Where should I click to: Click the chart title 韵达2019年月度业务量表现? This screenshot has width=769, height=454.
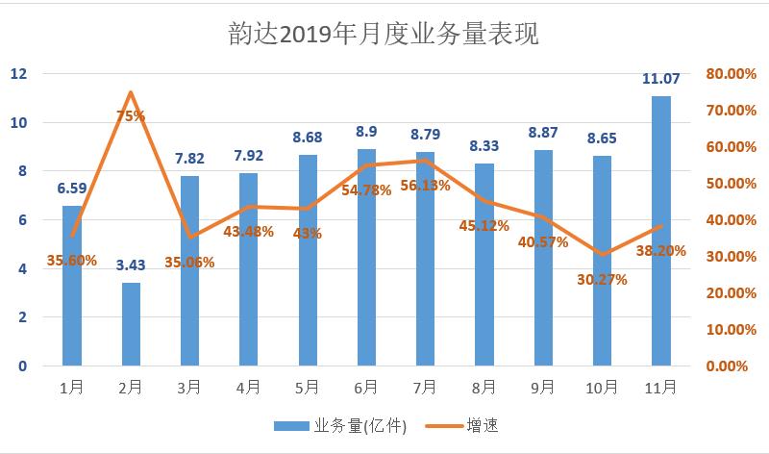click(384, 35)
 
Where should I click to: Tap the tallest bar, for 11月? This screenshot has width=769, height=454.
click(661, 231)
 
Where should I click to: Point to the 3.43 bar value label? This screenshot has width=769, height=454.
click(131, 265)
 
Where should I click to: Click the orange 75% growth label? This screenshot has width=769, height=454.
click(131, 115)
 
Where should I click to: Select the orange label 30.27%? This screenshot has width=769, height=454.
click(603, 280)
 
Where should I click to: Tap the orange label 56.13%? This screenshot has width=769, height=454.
click(424, 186)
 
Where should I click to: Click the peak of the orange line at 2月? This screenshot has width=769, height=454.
click(131, 92)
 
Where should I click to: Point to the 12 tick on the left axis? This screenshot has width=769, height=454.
click(19, 74)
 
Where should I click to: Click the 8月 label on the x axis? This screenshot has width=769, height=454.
click(484, 387)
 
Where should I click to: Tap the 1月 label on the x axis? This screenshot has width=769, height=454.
click(72, 387)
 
